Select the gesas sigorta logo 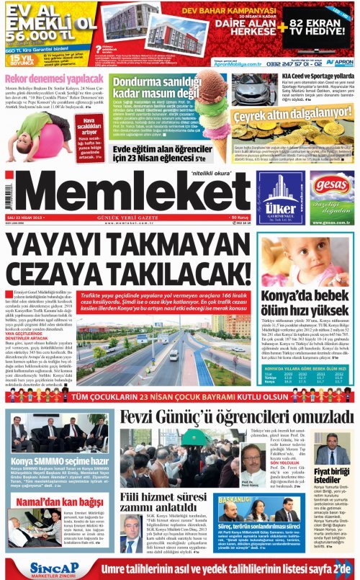[x=331, y=183]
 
